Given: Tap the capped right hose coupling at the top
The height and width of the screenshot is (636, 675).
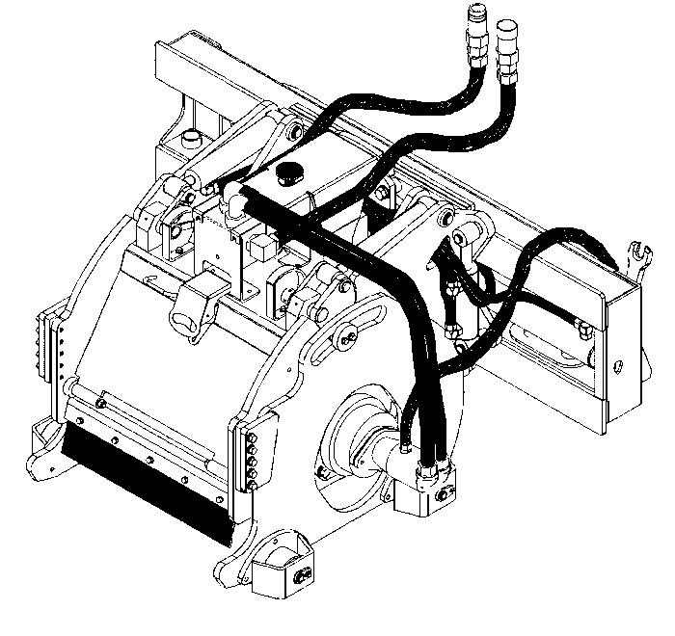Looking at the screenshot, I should point(507,48).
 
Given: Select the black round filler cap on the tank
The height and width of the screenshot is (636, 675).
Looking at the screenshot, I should point(288,174).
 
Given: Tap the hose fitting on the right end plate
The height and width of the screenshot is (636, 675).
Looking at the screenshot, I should point(585,330).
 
